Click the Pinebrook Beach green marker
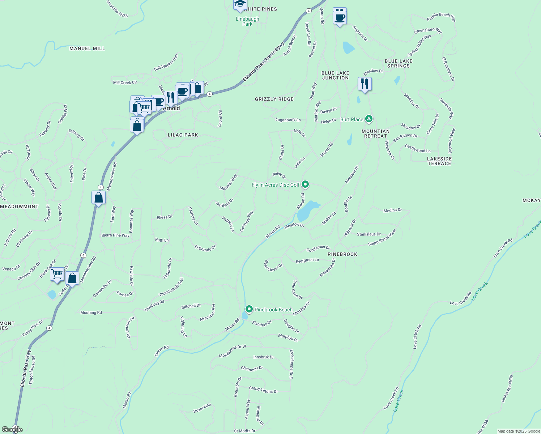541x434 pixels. click(249, 309)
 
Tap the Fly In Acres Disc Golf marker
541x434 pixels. click(305, 184)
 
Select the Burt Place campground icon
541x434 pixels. click(369, 119)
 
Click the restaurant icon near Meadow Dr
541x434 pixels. click(365, 84)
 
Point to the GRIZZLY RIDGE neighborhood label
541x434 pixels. click(274, 99)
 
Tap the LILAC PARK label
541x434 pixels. click(183, 135)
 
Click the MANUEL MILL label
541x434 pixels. click(87, 48)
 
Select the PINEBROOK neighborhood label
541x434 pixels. click(342, 254)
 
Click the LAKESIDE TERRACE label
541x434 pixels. click(439, 161)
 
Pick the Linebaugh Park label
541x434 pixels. click(247, 21)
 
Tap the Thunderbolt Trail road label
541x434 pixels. click(171, 287)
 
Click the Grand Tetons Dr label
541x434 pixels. click(263, 390)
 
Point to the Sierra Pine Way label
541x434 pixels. click(115, 235)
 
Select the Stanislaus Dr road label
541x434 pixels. click(369, 234)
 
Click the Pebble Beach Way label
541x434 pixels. click(441, 17)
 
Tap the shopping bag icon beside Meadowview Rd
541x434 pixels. click(98, 197)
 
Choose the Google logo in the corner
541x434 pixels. click(12, 430)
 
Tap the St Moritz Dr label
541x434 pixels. click(245, 431)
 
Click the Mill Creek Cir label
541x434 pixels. click(125, 82)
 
